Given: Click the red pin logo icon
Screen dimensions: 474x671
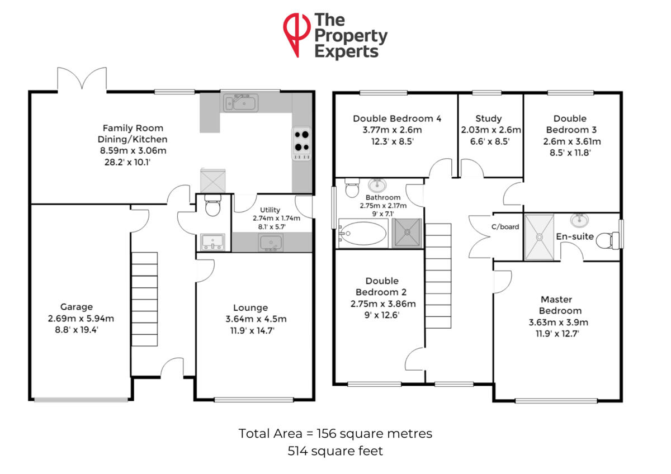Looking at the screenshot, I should pos(296,34).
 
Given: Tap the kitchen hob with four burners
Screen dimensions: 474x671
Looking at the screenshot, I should pos(301,141).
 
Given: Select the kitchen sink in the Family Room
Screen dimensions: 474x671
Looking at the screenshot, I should pos(240,103).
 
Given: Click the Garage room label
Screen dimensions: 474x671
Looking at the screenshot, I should pos(77,307).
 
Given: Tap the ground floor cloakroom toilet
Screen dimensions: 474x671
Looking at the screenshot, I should pos(212,207).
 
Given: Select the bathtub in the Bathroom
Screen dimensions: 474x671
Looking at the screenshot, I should pos(363,233).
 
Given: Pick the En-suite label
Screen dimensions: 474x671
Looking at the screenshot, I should pos(570,236).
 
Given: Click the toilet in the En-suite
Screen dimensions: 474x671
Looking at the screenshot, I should pos(606,241).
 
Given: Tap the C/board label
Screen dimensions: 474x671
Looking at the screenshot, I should pos(505,227).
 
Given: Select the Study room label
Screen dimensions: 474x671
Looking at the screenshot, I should pos(489,118).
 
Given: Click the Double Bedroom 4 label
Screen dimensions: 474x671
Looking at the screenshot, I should pos(397,118).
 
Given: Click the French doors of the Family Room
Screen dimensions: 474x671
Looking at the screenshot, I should pos(82,79).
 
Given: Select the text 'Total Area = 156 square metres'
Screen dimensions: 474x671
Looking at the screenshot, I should pos(335,433).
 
